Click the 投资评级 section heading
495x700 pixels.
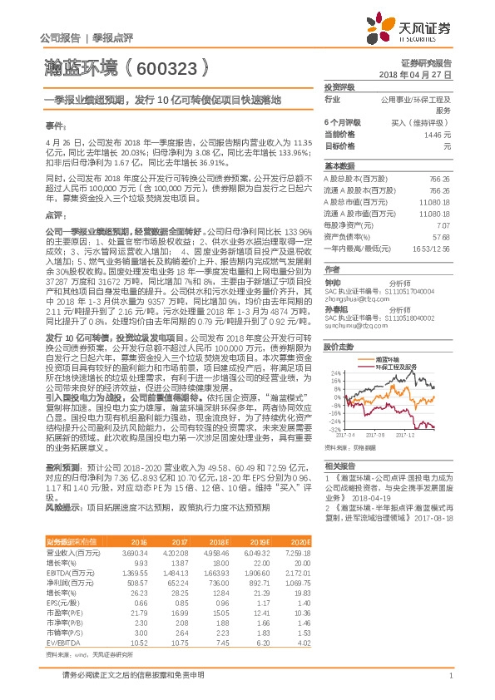click(339, 86)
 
